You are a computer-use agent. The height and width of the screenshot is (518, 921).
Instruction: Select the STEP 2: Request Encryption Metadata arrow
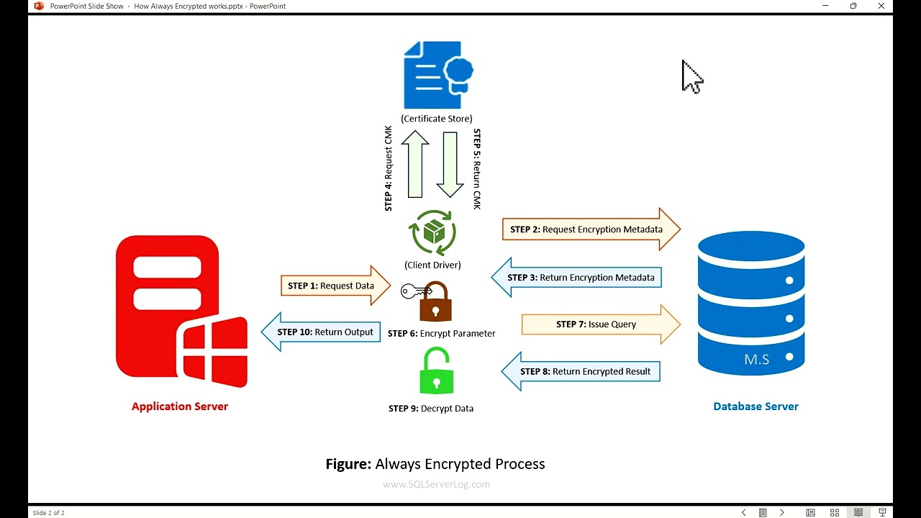[590, 230]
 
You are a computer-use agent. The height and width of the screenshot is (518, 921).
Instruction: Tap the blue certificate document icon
[437, 75]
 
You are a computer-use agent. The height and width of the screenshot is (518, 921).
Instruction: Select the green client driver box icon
[433, 232]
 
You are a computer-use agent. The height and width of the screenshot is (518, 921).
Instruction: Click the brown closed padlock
[436, 302]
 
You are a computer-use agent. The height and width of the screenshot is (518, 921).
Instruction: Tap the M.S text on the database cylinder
[757, 360]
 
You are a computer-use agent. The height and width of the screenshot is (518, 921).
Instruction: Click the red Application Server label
[180, 406]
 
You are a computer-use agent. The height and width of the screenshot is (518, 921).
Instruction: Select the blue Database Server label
[756, 406]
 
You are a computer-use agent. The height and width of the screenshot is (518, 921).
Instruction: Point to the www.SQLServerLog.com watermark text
[436, 484]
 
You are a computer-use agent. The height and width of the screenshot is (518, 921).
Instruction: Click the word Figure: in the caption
[348, 464]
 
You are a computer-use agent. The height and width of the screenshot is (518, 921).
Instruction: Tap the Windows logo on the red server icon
[215, 350]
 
